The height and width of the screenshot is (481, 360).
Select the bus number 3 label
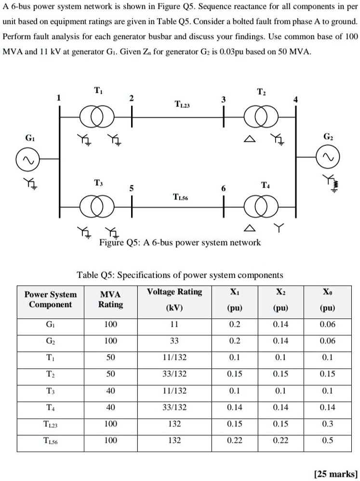point(223,99)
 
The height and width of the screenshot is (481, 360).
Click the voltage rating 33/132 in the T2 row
point(174,374)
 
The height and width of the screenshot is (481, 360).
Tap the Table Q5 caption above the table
point(180,275)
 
